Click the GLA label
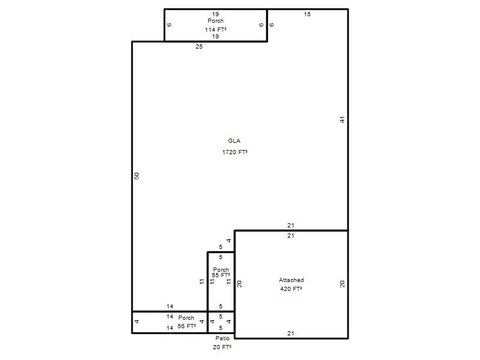234,141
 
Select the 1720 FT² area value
235,152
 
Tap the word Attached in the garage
291,280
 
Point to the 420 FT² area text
291,289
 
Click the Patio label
222,338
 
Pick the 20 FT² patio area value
222,347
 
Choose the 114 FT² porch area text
216,29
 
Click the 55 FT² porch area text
221,275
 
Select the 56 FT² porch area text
187,326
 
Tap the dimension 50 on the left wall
137,176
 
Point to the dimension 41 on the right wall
342,119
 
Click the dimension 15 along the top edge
307,14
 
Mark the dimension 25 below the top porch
199,47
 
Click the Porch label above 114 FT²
215,21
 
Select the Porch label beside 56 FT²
186,318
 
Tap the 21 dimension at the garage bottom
291,334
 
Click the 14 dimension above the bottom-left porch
170,306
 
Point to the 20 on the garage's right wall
342,284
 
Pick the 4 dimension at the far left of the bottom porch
137,322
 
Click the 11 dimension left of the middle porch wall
202,281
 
